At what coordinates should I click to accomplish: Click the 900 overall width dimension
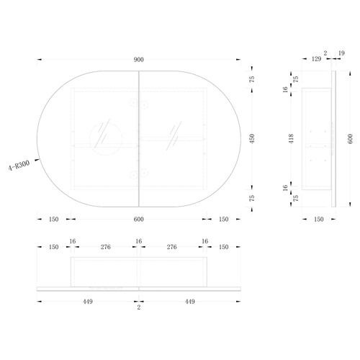coord(139,60)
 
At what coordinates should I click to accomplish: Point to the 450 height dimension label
coord(252,139)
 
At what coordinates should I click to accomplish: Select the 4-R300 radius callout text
coord(19,166)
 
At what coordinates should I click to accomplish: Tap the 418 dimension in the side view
coord(291,139)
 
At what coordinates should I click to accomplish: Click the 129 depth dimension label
coord(316,59)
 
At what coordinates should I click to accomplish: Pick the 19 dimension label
coord(341,53)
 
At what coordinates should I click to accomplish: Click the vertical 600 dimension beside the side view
coord(350,139)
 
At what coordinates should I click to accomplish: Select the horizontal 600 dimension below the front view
coord(139,219)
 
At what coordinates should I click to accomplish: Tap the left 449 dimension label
coord(88,302)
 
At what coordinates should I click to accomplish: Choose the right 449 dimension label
coord(190,302)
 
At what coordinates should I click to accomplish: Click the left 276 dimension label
coord(106,247)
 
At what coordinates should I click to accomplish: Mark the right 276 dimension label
coord(172,247)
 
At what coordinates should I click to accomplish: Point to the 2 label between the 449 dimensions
coord(139,307)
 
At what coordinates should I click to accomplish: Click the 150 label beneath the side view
coord(319,219)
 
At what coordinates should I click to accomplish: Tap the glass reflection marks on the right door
coord(174,136)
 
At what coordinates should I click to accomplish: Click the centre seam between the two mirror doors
coord(139,139)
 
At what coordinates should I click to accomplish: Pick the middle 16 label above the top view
coord(139,241)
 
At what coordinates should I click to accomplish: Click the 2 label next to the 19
coord(325,53)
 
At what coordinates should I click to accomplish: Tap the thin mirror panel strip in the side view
coord(333,139)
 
